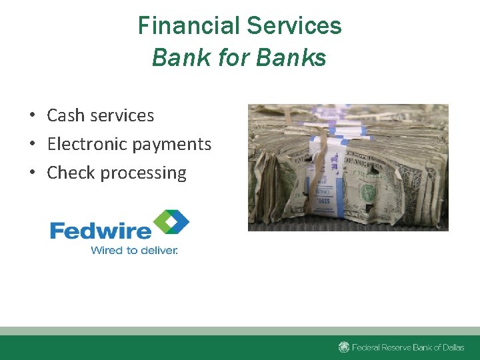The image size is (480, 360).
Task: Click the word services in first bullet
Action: coord(123,115)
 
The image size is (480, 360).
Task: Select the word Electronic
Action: coord(87,144)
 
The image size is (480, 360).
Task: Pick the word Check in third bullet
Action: coord(71,173)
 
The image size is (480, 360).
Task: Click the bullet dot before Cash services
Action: coord(32,116)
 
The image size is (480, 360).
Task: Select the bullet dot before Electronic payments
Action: coord(32,145)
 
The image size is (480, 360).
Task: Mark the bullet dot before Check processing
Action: coord(32,173)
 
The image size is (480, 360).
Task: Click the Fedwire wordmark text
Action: coord(101,231)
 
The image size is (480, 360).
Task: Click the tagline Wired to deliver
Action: coord(134,251)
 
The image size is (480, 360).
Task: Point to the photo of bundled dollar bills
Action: coord(348,167)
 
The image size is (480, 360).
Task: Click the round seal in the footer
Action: coord(344,347)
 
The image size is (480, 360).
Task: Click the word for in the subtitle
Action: coord(233,58)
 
